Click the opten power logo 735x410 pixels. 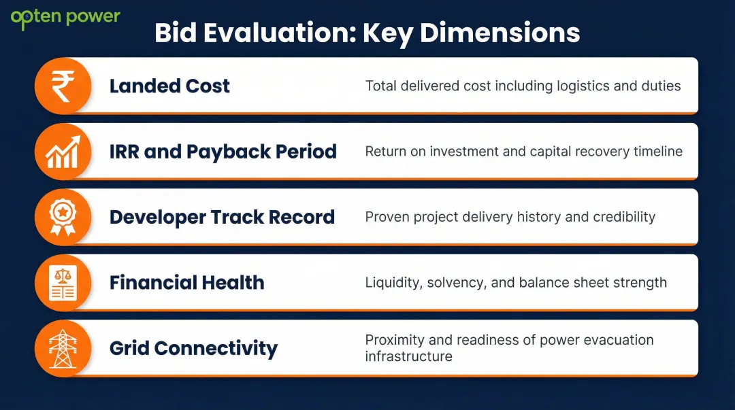(65, 18)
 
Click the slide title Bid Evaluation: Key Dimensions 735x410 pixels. (367, 33)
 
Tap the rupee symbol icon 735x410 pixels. (63, 86)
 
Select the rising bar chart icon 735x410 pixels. (63, 152)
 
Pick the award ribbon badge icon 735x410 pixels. (63, 217)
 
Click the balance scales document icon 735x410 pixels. (63, 283)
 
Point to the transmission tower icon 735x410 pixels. (63, 348)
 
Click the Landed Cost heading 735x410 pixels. (169, 86)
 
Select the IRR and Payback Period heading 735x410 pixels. (223, 152)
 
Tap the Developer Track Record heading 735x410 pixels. (222, 217)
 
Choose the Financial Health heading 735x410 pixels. (186, 283)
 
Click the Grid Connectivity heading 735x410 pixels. (193, 349)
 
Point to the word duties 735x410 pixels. (661, 86)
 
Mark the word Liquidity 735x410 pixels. (392, 283)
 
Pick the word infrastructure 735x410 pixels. (408, 356)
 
